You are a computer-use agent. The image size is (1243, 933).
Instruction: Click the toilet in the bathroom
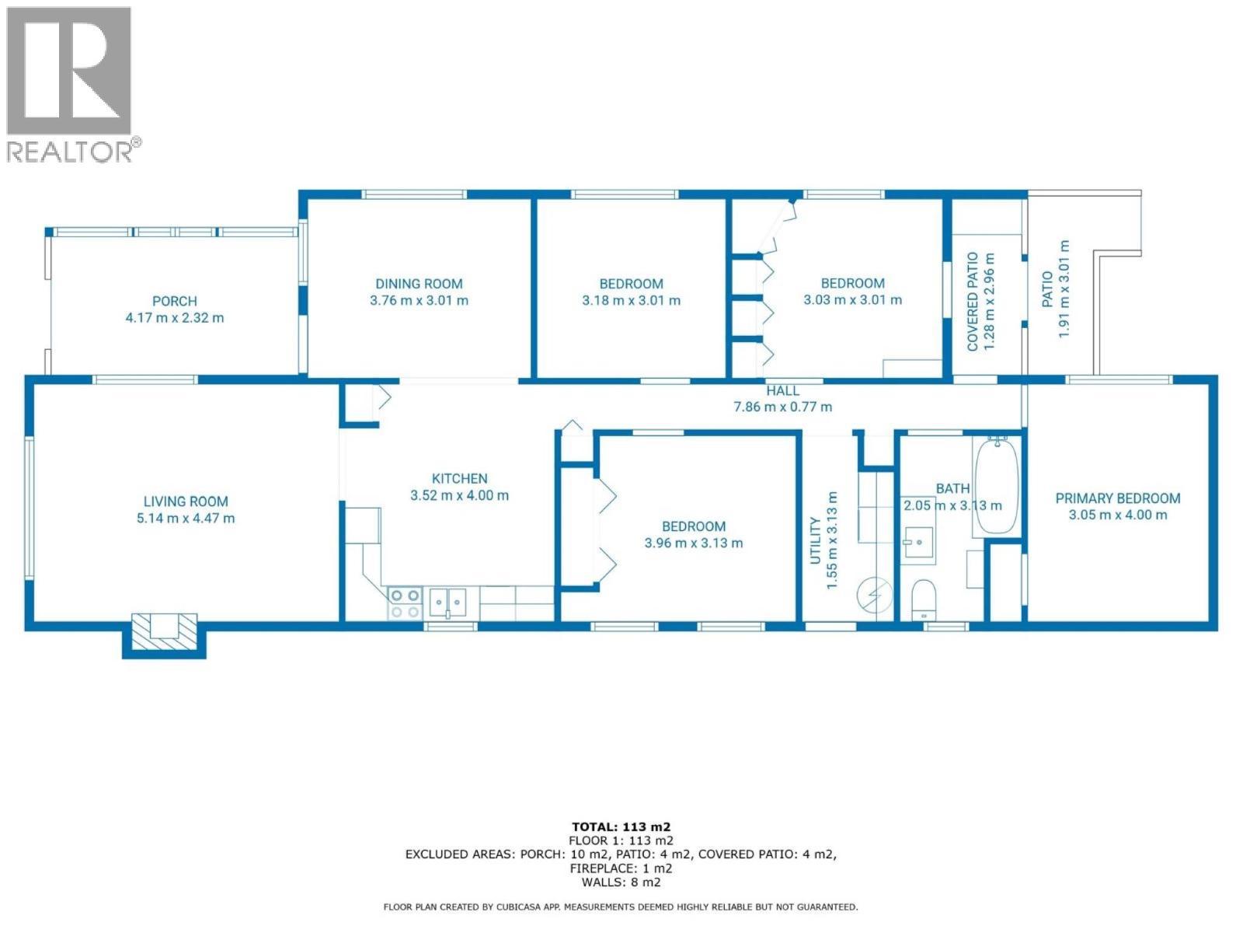[x=924, y=597]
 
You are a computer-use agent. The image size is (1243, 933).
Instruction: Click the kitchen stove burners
[x=404, y=603]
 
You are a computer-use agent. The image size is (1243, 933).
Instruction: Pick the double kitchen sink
[x=448, y=603]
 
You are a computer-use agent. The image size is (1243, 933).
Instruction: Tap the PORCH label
[x=174, y=301]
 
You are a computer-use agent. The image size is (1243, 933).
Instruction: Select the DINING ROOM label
[x=419, y=284]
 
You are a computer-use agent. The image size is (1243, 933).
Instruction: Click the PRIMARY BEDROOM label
[x=1117, y=498]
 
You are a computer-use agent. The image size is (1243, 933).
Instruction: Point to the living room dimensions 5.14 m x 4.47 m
[x=186, y=519]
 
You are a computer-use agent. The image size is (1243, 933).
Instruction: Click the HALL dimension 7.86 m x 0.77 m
[x=782, y=407]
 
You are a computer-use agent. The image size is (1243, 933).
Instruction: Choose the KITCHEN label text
[x=459, y=479]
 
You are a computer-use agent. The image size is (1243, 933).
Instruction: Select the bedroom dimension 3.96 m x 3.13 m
[x=693, y=543]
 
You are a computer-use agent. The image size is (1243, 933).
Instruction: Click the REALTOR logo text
[x=70, y=151]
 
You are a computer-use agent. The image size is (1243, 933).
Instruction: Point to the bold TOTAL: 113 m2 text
[x=621, y=826]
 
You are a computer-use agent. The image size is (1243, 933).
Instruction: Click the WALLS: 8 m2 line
[x=621, y=882]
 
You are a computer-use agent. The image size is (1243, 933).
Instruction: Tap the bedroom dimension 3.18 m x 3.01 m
[x=631, y=301]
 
